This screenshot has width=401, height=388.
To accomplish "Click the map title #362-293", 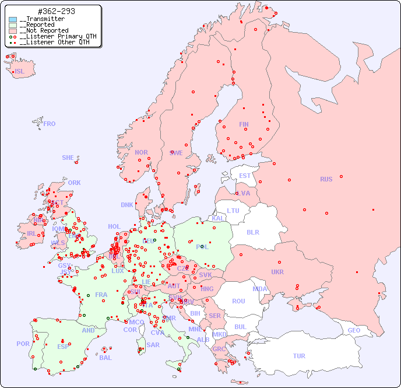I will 56,12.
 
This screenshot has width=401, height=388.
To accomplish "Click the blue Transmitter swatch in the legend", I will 13,19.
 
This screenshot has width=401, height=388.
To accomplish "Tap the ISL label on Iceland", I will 20,72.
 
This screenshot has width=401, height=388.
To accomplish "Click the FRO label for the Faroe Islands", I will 50,124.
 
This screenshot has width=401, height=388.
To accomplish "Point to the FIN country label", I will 244,124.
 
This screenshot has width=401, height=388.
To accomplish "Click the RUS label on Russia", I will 326,179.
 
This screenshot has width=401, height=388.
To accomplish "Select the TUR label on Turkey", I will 299,356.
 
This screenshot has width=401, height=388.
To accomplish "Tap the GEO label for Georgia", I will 354,330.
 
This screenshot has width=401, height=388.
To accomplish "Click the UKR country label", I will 277,272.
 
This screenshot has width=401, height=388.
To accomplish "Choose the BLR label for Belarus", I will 252,232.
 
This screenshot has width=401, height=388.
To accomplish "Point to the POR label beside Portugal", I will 23,344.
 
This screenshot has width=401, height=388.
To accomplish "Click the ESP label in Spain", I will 63,346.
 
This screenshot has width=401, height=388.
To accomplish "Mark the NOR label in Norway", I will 141,152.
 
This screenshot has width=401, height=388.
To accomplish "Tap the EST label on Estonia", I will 245,176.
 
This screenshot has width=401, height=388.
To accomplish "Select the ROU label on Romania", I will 238,301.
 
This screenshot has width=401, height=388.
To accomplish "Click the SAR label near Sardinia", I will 153,345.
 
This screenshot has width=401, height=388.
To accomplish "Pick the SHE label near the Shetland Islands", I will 68,158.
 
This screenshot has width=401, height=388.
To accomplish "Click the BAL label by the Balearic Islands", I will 105,358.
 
